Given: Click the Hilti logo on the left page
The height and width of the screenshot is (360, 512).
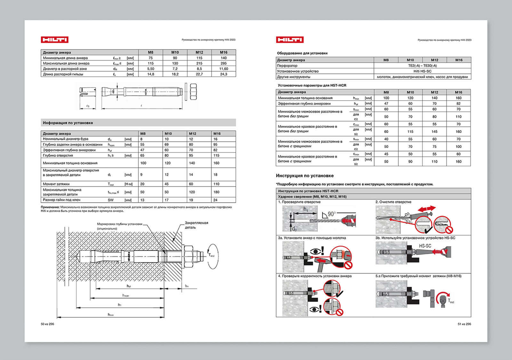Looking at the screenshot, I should (54, 40).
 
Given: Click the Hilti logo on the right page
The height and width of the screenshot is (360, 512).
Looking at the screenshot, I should (290, 40).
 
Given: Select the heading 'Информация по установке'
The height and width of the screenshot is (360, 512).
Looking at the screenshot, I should (68, 123).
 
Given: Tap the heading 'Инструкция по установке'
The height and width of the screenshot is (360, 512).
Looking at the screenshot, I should (305, 176).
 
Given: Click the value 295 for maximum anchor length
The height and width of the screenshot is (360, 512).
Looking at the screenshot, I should (223, 63).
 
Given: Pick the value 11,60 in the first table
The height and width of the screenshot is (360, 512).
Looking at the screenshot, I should (223, 69).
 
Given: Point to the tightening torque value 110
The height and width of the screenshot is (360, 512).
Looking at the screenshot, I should (216, 184).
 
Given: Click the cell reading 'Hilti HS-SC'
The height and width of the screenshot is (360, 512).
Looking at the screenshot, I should (422, 71).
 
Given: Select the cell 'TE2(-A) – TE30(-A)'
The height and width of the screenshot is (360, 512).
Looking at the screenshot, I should (422, 66).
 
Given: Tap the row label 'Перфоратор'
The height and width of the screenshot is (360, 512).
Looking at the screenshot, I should (287, 66).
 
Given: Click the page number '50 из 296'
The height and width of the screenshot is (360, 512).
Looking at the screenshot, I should (47, 324).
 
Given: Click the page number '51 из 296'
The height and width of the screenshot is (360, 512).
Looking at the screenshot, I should (464, 324).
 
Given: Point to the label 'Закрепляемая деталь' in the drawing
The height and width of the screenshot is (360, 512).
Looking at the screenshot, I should (196, 225).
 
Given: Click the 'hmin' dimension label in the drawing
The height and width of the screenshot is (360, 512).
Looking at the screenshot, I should (111, 315).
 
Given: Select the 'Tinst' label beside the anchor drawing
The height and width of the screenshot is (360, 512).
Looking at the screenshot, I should (212, 255).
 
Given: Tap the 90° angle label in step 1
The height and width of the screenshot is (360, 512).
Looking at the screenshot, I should (332, 214).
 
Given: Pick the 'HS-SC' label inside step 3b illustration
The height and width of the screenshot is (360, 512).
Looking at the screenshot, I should (425, 246).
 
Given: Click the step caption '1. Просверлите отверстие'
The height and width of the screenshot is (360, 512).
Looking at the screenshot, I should (299, 202).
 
